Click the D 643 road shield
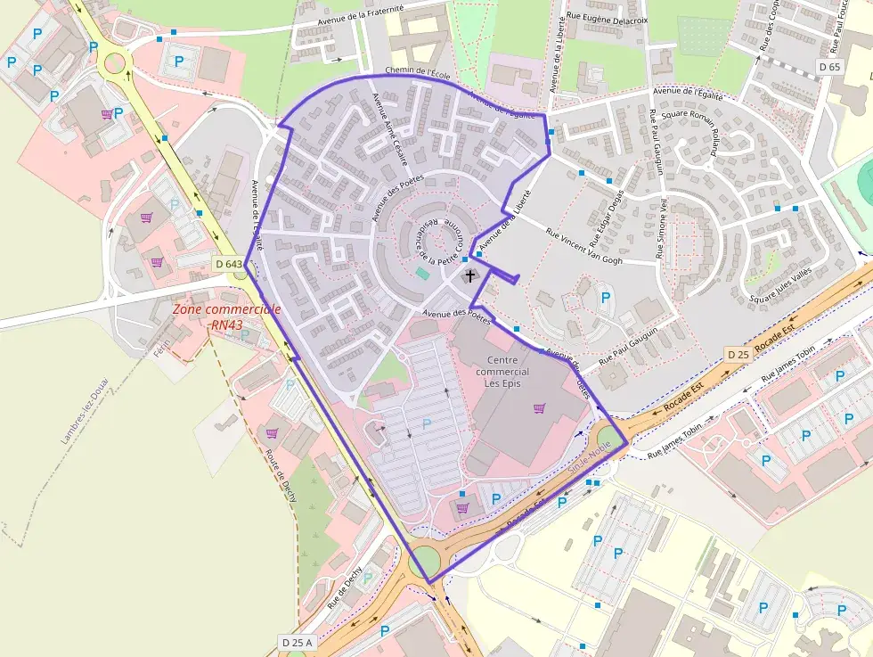click(x=229, y=264)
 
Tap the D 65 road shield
click(x=829, y=67)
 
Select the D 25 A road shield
click(x=298, y=642)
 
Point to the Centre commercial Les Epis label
click(x=502, y=372)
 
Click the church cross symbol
click(x=469, y=276)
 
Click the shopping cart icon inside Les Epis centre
click(x=539, y=408)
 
